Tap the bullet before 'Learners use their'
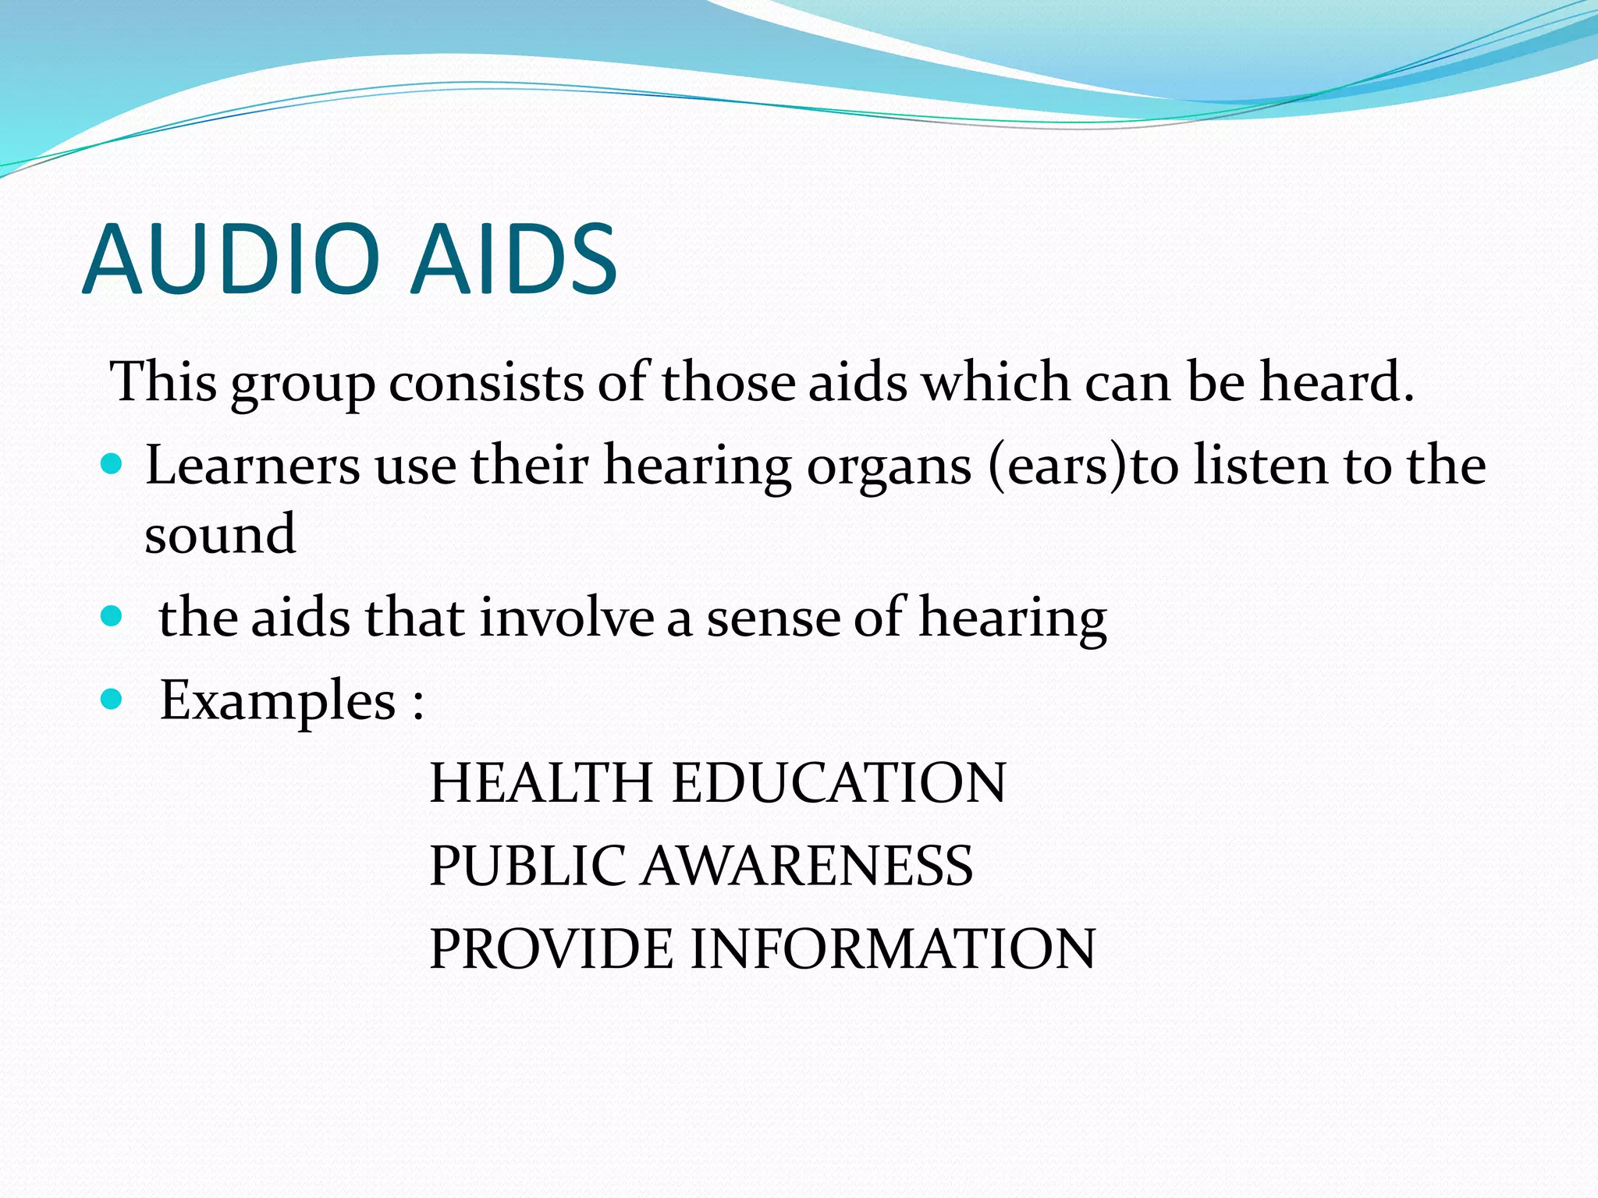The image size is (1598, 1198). click(x=112, y=465)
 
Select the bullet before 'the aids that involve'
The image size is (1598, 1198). click(x=112, y=617)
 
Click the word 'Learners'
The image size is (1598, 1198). click(x=252, y=466)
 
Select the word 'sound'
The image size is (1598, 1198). click(x=220, y=535)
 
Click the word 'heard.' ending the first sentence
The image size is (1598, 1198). click(x=1337, y=382)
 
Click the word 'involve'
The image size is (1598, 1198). click(x=566, y=618)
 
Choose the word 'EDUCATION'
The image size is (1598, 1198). click(x=839, y=783)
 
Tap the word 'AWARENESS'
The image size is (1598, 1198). click(x=807, y=866)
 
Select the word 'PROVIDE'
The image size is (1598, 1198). click(x=551, y=949)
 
